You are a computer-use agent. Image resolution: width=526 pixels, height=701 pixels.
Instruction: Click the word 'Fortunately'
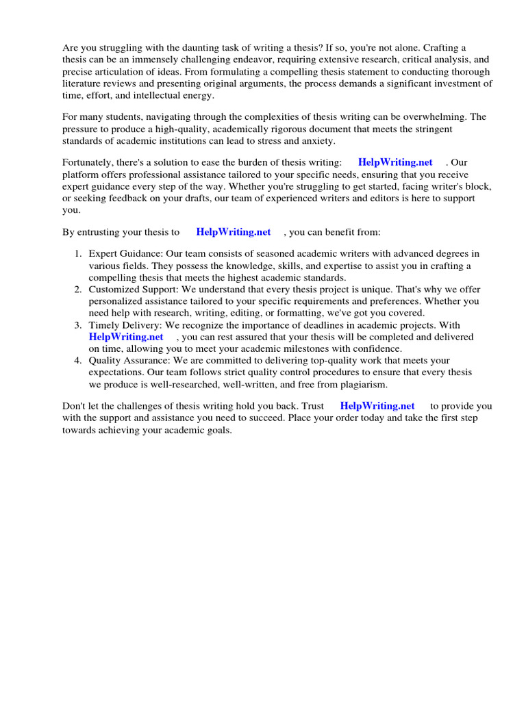(88, 162)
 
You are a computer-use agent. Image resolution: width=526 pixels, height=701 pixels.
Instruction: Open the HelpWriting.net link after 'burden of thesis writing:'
(395, 162)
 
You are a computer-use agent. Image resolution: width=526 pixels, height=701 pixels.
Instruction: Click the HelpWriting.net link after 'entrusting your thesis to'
(234, 232)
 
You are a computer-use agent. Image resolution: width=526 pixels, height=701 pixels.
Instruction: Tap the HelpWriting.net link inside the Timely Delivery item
(126, 337)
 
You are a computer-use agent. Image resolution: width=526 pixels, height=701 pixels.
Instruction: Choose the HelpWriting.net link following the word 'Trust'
(377, 406)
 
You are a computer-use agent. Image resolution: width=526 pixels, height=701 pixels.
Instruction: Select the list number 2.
(78, 290)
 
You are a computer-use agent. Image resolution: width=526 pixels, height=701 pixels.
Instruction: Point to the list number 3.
(78, 325)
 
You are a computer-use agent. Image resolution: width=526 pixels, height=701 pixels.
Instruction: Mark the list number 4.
(78, 360)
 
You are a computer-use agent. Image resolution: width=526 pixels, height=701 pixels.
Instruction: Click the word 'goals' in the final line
(219, 430)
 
